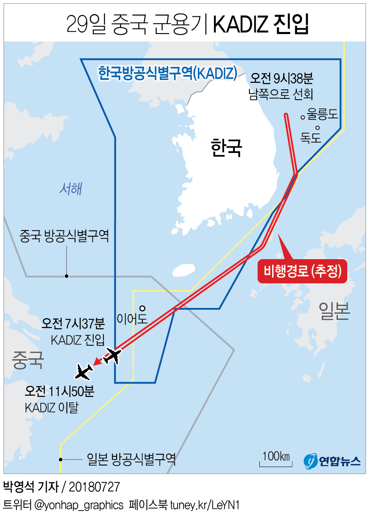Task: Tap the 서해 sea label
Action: click(x=71, y=189)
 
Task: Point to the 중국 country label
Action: click(x=28, y=360)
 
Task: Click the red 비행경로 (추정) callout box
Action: click(x=303, y=271)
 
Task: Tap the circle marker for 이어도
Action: click(x=142, y=308)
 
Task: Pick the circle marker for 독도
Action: click(x=317, y=127)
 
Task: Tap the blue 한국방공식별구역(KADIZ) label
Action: click(x=167, y=73)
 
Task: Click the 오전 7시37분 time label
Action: click(x=73, y=324)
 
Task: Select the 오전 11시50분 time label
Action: click(x=60, y=391)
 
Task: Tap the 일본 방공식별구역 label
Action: click(x=131, y=459)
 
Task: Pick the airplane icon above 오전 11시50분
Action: click(x=85, y=372)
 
